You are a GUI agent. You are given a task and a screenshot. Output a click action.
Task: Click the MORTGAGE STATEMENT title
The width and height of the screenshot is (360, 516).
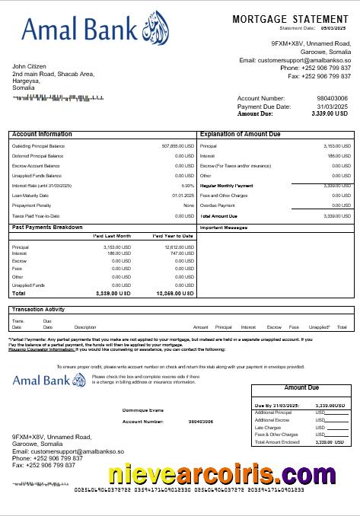[x=290, y=19]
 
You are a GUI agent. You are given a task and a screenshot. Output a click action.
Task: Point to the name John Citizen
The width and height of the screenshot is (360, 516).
[x=30, y=66]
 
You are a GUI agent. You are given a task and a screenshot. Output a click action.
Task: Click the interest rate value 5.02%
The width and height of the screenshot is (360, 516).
[x=187, y=186]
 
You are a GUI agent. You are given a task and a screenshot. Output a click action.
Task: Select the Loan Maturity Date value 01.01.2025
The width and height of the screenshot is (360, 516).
[x=183, y=196]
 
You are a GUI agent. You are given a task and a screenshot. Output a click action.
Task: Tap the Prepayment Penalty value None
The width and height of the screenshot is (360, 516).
[x=189, y=205]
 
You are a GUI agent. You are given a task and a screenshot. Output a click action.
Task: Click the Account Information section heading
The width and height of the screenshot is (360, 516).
[x=43, y=134]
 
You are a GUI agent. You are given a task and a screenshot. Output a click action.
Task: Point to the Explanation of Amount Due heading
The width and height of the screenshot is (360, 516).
[x=240, y=134]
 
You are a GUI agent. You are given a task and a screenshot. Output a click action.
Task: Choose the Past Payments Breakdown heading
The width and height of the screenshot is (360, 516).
[x=48, y=227]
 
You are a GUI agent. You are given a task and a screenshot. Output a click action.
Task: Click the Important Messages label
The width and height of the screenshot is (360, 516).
[x=224, y=228]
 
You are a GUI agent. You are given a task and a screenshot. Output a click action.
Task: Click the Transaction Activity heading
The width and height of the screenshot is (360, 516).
[x=38, y=309]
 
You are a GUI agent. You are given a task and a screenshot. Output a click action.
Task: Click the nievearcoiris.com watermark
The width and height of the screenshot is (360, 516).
[x=221, y=474]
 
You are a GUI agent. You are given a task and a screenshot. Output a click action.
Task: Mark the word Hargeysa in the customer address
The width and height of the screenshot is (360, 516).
[x=27, y=81]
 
